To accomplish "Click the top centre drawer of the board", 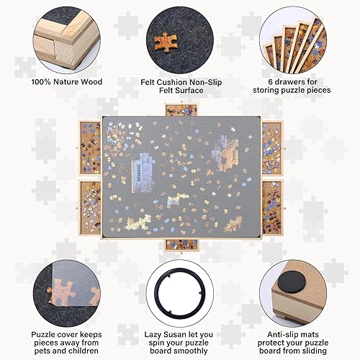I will [179, 110].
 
